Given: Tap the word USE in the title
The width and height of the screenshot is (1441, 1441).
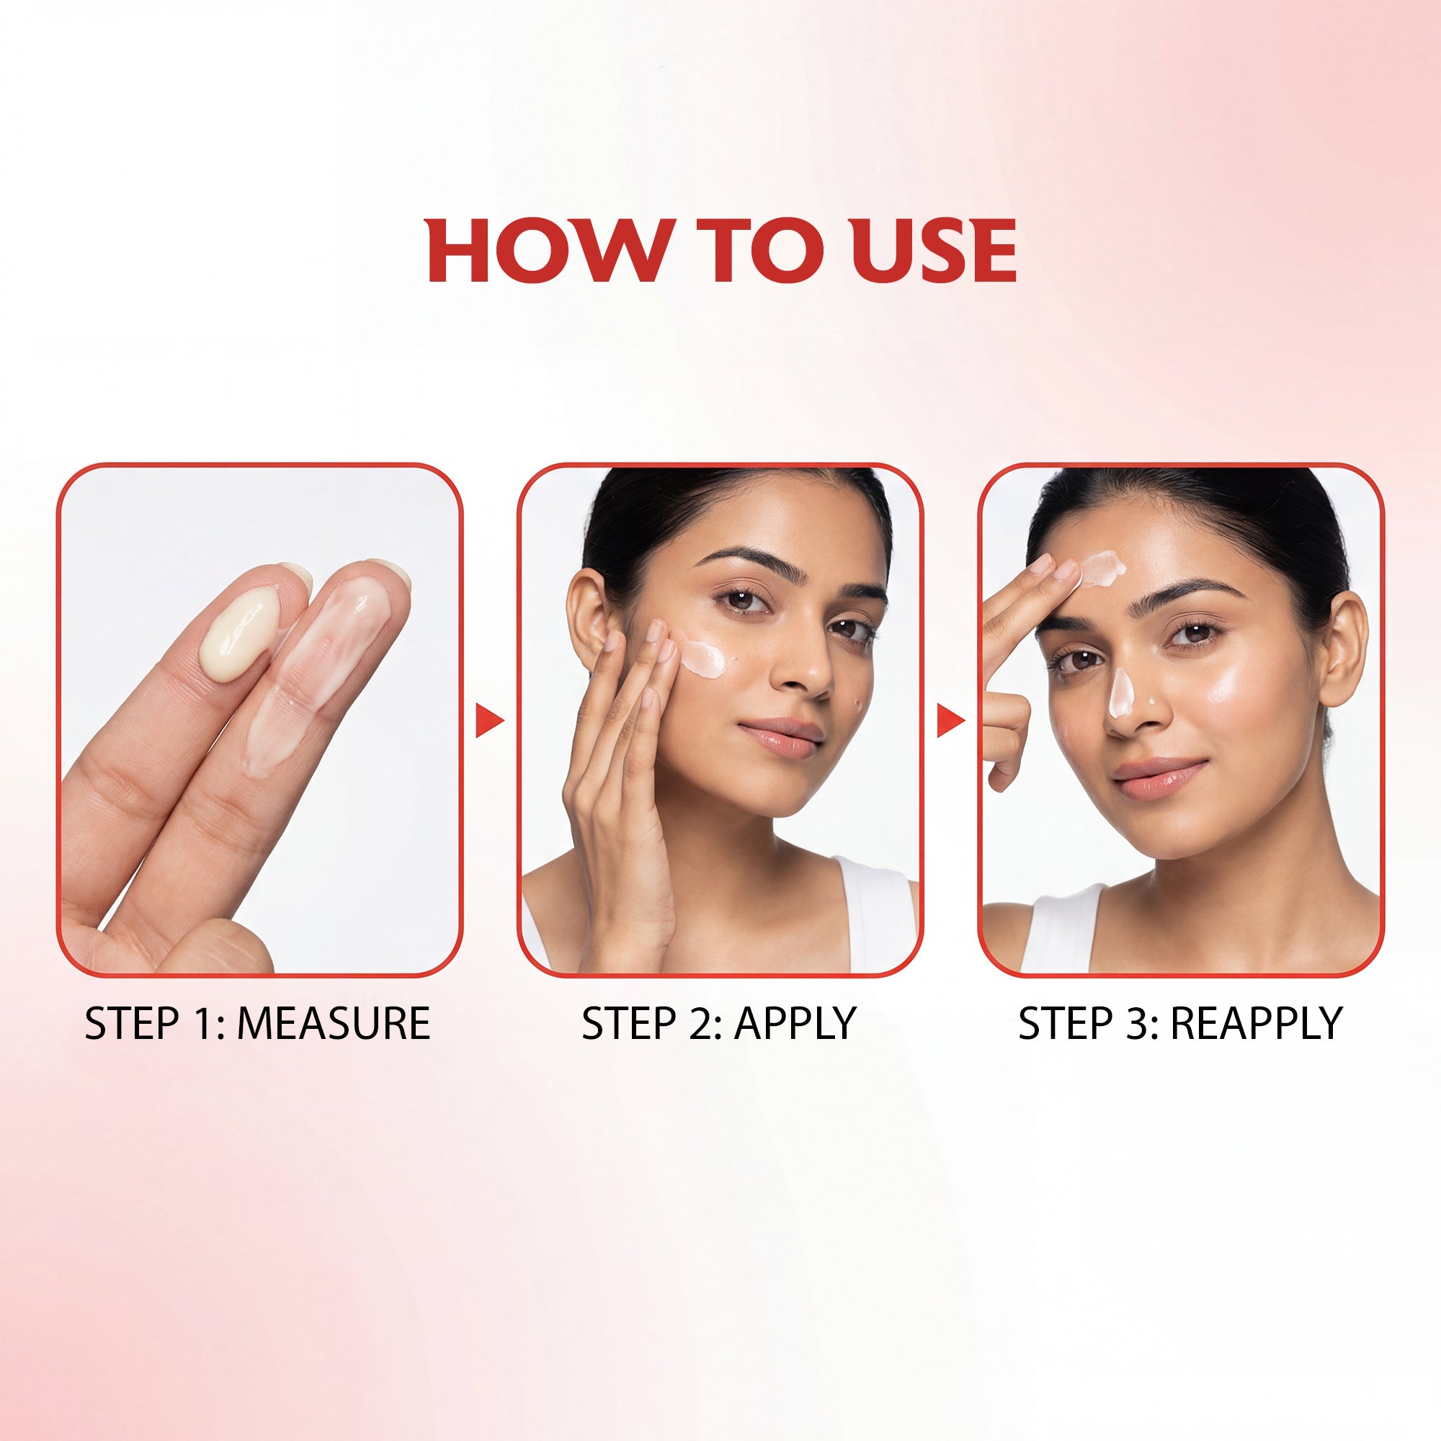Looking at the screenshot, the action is [x=934, y=251].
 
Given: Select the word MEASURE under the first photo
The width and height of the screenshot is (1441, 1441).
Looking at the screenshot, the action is [x=333, y=1022].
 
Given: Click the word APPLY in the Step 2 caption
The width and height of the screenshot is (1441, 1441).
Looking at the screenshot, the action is [x=794, y=1022].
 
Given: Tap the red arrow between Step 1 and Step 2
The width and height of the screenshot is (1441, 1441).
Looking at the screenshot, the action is [x=490, y=720].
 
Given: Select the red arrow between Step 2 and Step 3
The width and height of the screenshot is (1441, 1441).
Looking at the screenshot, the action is [x=951, y=720].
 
